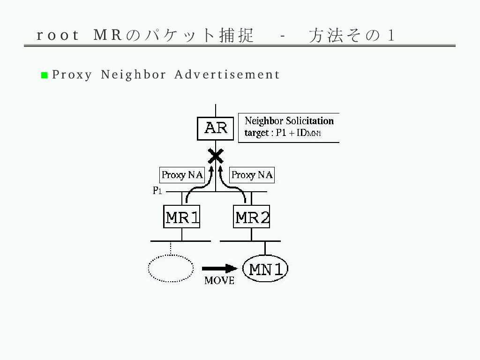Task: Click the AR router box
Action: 216,128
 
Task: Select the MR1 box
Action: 182,217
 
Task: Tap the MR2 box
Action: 251,217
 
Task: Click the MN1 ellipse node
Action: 265,269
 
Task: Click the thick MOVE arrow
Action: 219,269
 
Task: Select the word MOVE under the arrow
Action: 219,280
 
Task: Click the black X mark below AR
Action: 216,156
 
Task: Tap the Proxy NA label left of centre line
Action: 182,175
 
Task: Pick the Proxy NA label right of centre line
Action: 252,175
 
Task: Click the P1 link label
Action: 157,191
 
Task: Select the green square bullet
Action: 45,75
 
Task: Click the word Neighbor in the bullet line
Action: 134,75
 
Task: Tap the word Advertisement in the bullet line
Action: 227,75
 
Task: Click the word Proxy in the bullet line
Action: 72,75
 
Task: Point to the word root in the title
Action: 58,35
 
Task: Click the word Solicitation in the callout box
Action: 310,120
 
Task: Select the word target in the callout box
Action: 256,133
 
